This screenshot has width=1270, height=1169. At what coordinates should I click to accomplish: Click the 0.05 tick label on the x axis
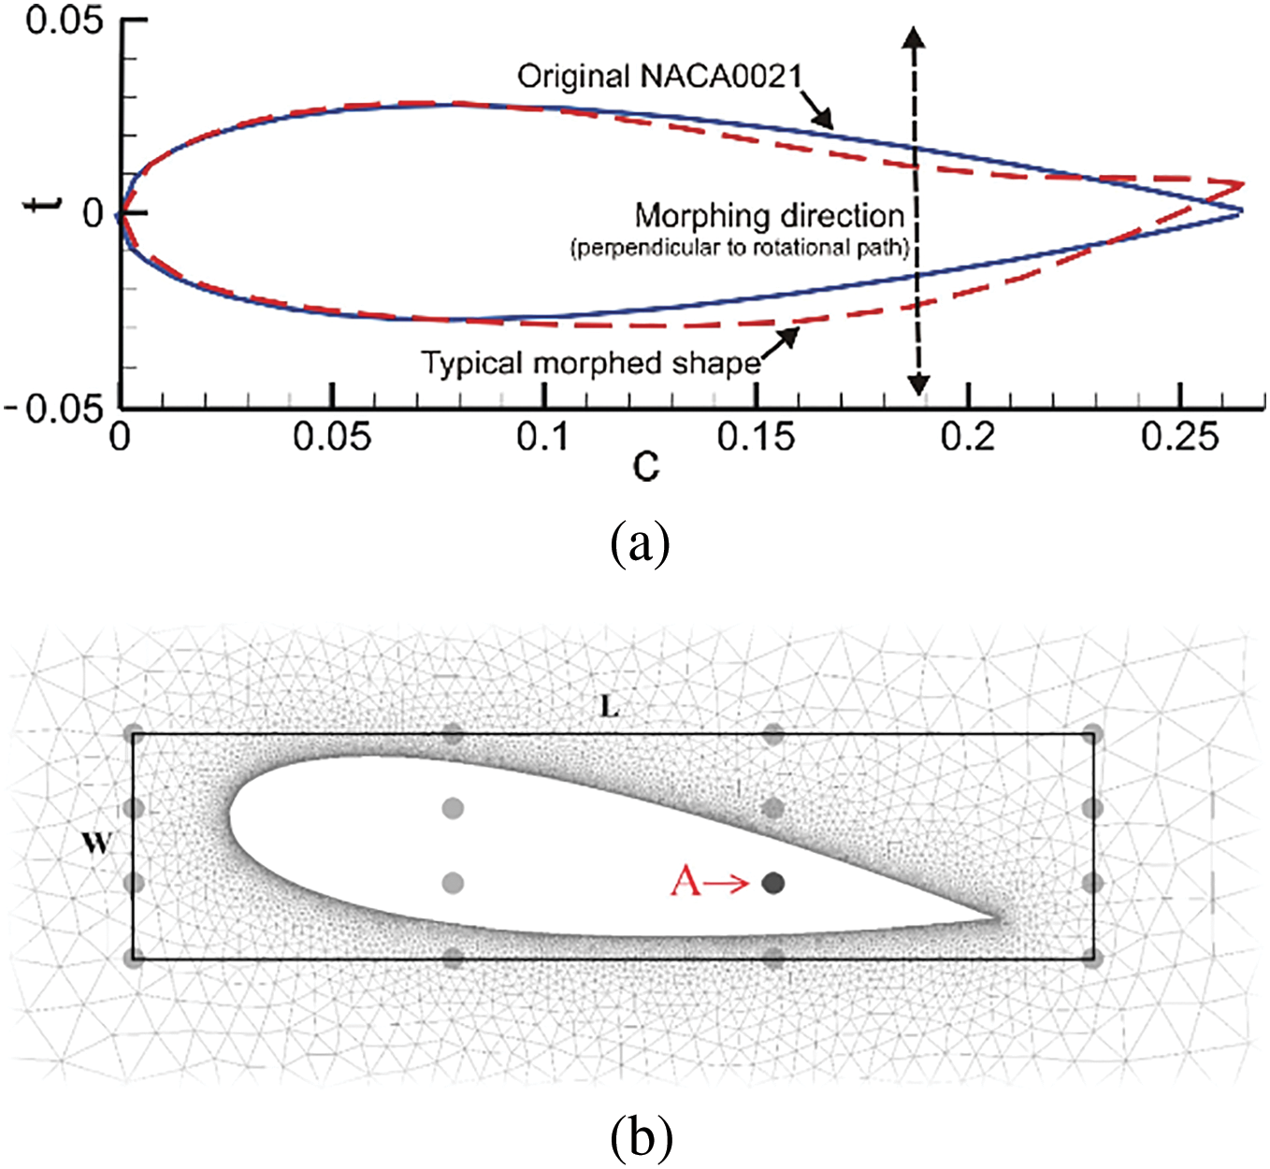click(332, 437)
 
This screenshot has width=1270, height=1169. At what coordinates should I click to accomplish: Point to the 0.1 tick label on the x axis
click(542, 437)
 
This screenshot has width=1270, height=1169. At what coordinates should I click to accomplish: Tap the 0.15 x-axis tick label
click(756, 437)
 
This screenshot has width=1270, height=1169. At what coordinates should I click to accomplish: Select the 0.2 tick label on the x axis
click(968, 437)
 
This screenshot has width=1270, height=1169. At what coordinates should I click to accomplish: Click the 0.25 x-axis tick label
click(1180, 437)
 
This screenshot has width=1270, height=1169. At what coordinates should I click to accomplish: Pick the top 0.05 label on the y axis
click(64, 21)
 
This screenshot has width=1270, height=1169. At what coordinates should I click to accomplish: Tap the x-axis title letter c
click(645, 464)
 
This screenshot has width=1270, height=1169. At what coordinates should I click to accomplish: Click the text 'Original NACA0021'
click(660, 76)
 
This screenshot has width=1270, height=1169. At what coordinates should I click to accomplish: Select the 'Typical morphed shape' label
click(591, 363)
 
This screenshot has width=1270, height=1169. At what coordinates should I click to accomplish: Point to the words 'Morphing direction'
click(770, 216)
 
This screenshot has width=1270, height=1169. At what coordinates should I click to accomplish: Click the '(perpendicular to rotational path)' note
click(740, 248)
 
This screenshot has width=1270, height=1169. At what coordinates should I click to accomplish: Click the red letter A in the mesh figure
click(686, 882)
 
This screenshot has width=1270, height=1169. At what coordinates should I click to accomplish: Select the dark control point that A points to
click(773, 883)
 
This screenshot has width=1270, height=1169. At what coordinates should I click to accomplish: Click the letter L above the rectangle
click(609, 707)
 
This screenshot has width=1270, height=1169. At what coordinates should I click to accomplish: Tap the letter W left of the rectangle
click(96, 844)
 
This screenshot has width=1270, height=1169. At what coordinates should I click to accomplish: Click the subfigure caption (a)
click(640, 543)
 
